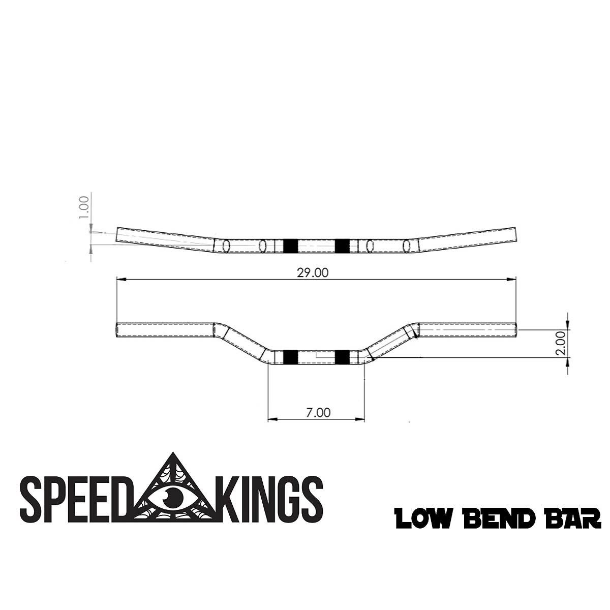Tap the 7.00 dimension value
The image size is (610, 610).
coord(319,412)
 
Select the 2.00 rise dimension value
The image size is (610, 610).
coord(561,344)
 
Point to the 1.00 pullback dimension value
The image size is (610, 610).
coord(84,207)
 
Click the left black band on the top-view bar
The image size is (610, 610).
coord(289,246)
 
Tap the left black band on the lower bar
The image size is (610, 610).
coord(289,357)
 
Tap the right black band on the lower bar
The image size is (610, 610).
coord(342,357)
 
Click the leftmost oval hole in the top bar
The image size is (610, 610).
coord(226,246)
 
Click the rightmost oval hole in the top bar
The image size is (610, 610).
coord(406,246)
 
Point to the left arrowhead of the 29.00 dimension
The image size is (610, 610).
coord(120,279)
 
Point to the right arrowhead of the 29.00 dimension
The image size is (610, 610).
coord(513,279)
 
